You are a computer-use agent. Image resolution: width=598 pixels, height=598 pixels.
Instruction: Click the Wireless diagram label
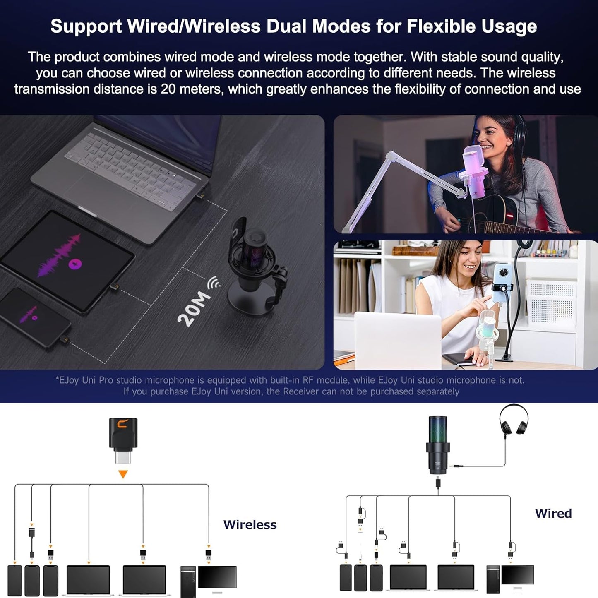pyautogui.click(x=250, y=524)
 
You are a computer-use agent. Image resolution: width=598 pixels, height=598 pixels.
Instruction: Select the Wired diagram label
pyautogui.click(x=553, y=513)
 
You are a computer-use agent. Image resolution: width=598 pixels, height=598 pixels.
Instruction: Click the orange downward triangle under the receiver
pyautogui.click(x=123, y=474)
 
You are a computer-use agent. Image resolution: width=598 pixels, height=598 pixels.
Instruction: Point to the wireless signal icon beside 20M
pyautogui.click(x=214, y=283)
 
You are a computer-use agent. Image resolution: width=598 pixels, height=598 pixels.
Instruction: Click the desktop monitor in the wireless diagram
pyautogui.click(x=217, y=577)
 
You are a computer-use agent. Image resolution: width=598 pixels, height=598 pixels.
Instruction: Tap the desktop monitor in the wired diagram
pyautogui.click(x=517, y=575)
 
